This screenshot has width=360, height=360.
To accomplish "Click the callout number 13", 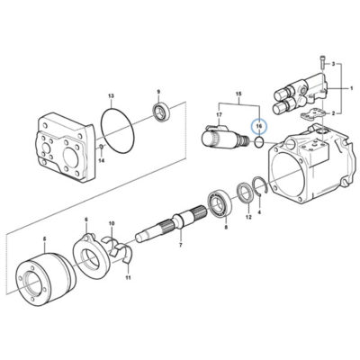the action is [111, 96].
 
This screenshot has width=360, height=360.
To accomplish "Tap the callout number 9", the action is [159, 91].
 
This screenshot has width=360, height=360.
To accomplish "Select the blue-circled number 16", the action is [259, 127].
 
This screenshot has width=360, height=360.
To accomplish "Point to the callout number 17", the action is [219, 114].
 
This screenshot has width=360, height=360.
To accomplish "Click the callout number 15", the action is [238, 94].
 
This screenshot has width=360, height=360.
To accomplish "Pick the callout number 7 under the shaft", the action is [181, 245].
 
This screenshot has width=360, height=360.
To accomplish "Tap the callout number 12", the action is [248, 217].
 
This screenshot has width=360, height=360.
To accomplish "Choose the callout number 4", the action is [260, 212].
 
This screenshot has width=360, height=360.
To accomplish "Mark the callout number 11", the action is [128, 278].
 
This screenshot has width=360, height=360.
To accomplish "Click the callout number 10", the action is [112, 223].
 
